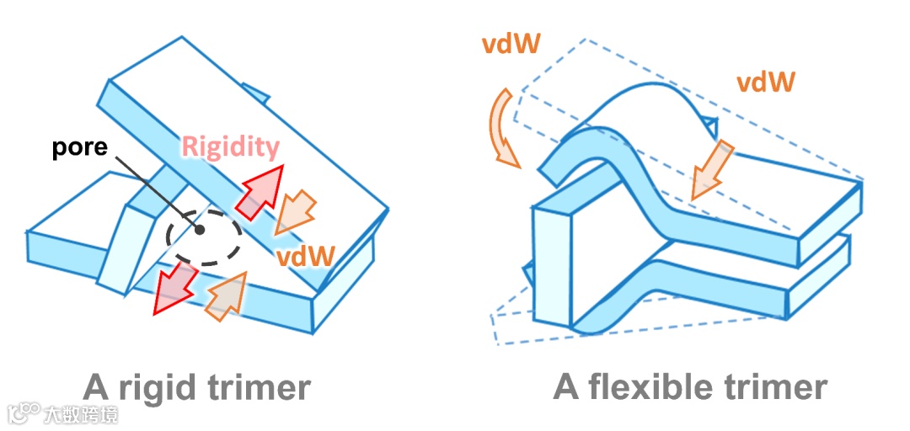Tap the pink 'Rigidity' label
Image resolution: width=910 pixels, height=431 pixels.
click(230, 148)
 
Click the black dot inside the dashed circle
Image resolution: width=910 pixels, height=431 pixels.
click(199, 229)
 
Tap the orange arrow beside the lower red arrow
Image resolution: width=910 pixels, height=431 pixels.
click(226, 295)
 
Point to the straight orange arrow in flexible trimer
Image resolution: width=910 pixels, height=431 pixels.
click(709, 171)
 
